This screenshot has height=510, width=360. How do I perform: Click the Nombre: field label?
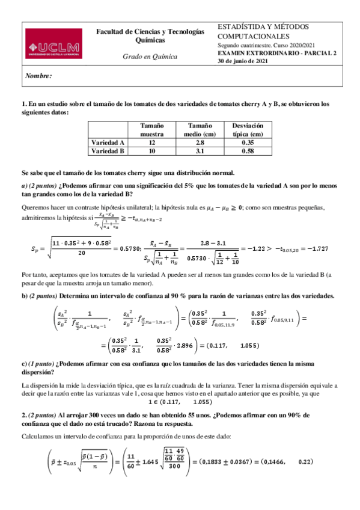tap(38, 76)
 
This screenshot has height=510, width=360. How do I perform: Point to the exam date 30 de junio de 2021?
tap(243, 61)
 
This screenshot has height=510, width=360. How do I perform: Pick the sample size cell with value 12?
tap(152, 143)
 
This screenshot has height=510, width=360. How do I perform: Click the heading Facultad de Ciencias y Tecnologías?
tap(150, 32)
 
